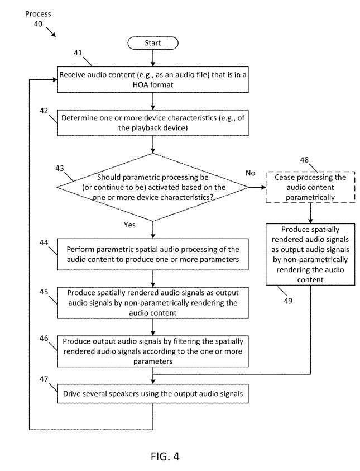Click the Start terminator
pyautogui.click(x=153, y=43)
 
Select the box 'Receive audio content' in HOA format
pyautogui.click(x=153, y=79)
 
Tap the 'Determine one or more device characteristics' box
pyautogui.click(x=153, y=123)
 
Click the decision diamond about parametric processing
pyautogui.click(x=153, y=187)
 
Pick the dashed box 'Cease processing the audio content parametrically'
pyautogui.click(x=310, y=187)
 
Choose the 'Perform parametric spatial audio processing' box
pyautogui.click(x=153, y=254)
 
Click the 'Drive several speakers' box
pyautogui.click(x=153, y=393)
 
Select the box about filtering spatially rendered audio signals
pyautogui.click(x=153, y=351)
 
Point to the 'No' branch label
pyautogui.click(x=250, y=173)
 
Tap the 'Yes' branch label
pyautogui.click(x=129, y=225)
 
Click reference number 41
pyautogui.click(x=78, y=53)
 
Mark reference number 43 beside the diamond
pyautogui.click(x=59, y=168)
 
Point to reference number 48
pyautogui.click(x=304, y=160)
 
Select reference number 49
pyautogui.click(x=288, y=301)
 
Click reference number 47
pyautogui.click(x=44, y=379)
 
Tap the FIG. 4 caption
pyautogui.click(x=165, y=456)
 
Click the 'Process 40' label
pyautogui.click(x=38, y=18)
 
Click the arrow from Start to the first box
pyautogui.click(x=153, y=58)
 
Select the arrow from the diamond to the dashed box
pyautogui.click(x=257, y=187)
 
